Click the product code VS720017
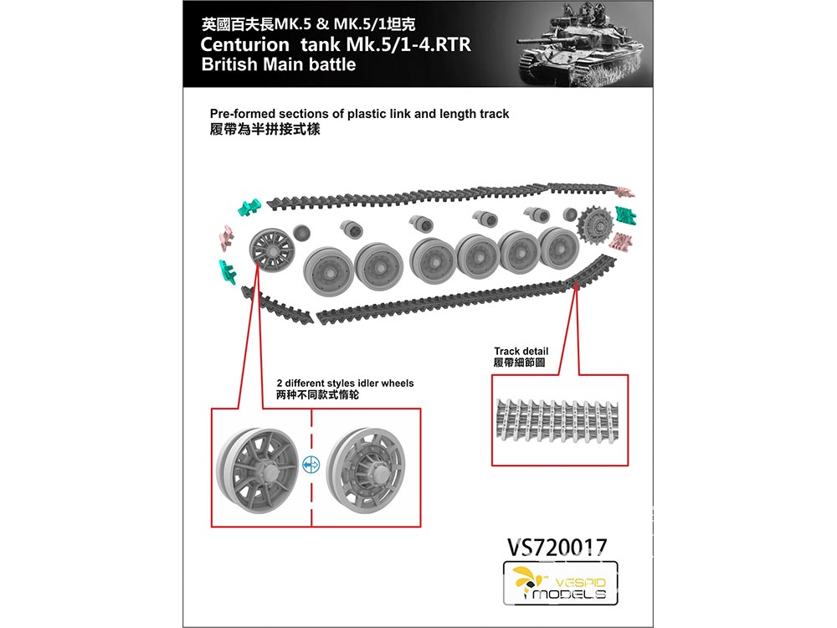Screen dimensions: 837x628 [x=557, y=546]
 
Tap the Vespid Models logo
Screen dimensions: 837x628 [x=561, y=583]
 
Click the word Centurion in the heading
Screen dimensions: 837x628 [x=244, y=44]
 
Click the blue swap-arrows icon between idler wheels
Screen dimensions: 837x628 [x=311, y=465]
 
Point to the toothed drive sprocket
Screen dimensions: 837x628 [x=596, y=225]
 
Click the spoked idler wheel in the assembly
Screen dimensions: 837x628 [x=272, y=250]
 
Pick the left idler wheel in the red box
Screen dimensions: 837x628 [x=258, y=470]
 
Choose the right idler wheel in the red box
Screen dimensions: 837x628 [x=366, y=470]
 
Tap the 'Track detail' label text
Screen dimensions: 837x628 [x=521, y=351]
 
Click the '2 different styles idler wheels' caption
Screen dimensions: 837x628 [x=345, y=383]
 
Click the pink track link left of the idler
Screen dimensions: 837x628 [x=226, y=238]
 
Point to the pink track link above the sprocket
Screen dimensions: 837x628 [x=624, y=193]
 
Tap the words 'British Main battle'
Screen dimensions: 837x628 [x=279, y=64]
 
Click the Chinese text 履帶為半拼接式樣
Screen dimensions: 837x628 [x=264, y=129]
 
